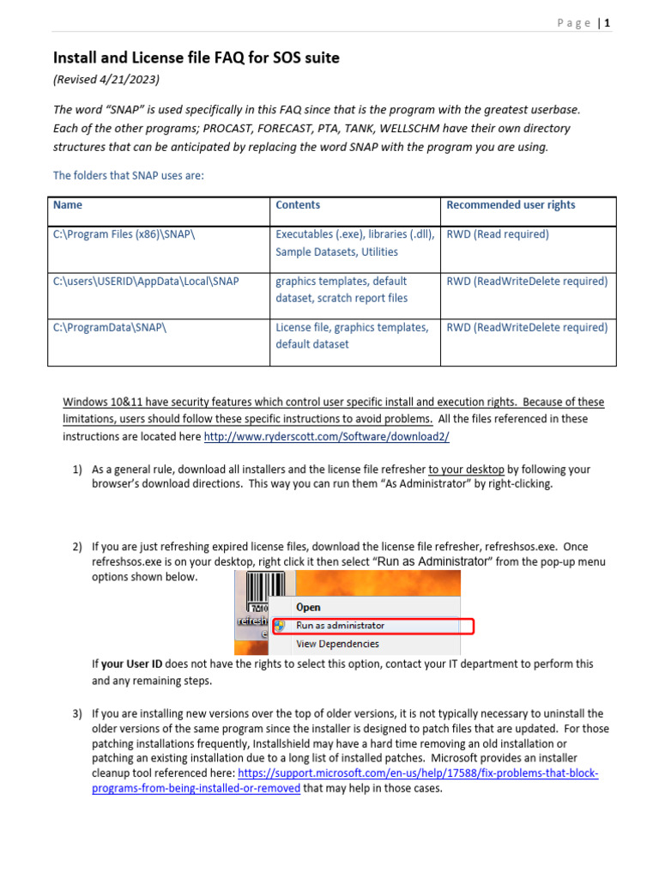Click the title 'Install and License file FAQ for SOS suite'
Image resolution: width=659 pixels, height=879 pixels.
(196, 58)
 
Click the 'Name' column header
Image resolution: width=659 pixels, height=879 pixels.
(68, 205)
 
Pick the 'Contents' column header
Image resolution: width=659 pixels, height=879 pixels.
(298, 205)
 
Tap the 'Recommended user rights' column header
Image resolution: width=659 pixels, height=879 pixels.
(511, 205)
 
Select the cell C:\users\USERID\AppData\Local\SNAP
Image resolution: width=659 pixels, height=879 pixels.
(146, 281)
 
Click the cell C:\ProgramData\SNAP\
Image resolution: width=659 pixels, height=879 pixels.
(109, 327)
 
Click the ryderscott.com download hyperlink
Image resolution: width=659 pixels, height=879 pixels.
(326, 436)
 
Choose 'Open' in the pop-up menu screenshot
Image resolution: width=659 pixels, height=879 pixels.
(308, 607)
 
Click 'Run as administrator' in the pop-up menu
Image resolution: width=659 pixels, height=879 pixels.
(340, 626)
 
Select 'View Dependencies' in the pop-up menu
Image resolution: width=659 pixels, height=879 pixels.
(337, 644)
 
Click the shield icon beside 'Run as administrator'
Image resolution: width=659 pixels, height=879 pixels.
(279, 626)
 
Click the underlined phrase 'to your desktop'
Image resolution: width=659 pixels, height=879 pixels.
(466, 470)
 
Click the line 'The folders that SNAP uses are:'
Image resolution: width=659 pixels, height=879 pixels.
(129, 176)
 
